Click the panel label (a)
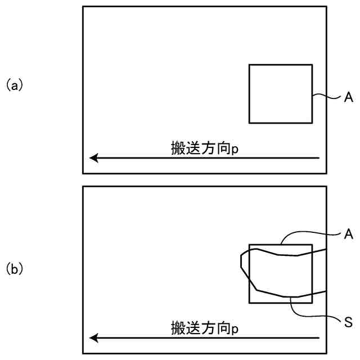click(14, 85)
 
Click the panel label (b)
click(14, 269)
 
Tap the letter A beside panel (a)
click(348, 98)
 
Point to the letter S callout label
click(348, 322)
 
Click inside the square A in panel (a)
click(280, 93)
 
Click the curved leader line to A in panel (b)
click(309, 233)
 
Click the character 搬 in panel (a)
click(178, 148)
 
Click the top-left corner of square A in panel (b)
click(249, 245)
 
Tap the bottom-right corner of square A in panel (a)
click(312, 123)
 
